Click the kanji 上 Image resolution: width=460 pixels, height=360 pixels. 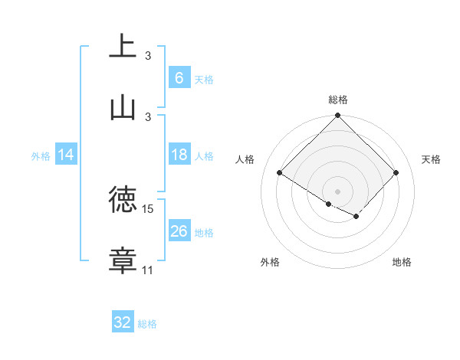coord(123,46)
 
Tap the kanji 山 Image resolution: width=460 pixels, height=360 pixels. coord(123,106)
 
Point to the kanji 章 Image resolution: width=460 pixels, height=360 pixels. coord(123,260)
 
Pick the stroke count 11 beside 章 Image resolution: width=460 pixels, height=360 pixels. coord(148,270)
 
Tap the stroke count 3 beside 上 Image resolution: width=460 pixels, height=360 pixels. coord(148,56)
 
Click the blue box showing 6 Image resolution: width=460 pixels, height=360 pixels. coord(179,78)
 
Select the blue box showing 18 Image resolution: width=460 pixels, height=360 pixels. coord(179,155)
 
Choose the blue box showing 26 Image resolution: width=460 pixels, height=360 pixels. coord(179,231)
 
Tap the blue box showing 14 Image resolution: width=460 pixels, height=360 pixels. coord(66,155)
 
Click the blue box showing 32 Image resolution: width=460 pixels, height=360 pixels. coord(123,322)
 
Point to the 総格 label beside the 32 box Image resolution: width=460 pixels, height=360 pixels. coord(147,324)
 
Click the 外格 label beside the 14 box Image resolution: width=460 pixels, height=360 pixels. coord(41,156)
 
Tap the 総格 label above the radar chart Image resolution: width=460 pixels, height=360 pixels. coord(338,100)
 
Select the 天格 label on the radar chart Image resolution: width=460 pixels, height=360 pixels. coord(431,159)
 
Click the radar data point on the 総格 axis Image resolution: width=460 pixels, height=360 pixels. coord(338,116)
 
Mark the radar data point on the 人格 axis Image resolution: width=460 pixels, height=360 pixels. coord(280,173)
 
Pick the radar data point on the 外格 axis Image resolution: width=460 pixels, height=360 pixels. coord(329,204)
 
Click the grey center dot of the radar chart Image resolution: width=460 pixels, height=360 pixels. coord(338,191)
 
